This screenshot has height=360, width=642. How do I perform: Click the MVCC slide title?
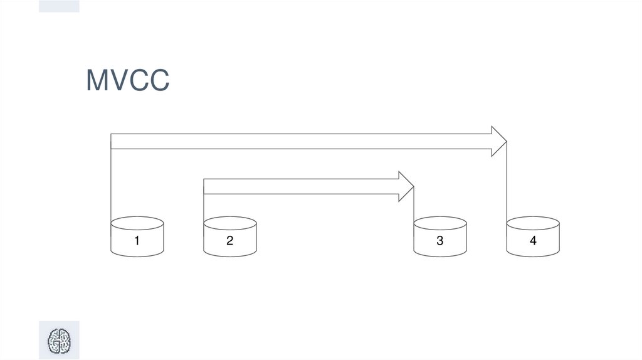point(127,81)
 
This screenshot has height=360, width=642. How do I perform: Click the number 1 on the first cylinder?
point(137,240)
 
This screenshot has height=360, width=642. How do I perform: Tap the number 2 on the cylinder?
point(229,240)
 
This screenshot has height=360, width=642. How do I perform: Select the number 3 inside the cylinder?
point(439,240)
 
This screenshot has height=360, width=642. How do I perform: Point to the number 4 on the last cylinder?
point(532,240)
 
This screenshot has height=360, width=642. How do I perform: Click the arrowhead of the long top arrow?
point(499,141)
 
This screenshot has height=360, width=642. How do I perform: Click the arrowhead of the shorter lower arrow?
point(406,187)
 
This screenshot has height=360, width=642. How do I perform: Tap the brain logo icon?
point(60,340)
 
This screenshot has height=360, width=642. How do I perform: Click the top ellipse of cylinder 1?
point(137,223)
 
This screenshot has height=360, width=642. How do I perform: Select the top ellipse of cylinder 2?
point(229,223)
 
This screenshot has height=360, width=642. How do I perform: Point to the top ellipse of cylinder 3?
point(439,223)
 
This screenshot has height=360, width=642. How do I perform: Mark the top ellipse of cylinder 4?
point(532,223)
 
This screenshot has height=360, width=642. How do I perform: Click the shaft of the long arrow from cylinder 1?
point(301,141)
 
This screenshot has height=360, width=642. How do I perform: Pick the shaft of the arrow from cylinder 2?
point(301,187)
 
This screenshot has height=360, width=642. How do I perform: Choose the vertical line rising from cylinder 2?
point(204,207)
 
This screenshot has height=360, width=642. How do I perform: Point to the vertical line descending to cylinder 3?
point(414,207)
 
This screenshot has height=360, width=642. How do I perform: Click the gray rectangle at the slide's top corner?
point(59,6)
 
